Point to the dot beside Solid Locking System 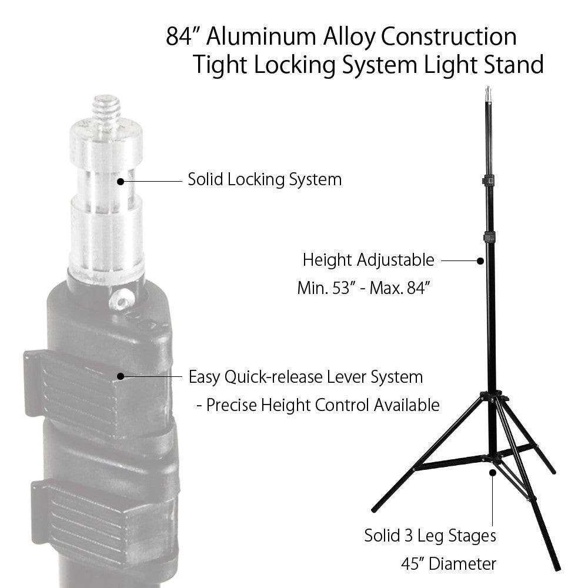point(121,182)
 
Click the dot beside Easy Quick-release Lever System point(121,376)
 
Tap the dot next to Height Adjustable point(480,261)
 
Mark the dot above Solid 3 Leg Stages point(492,473)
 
